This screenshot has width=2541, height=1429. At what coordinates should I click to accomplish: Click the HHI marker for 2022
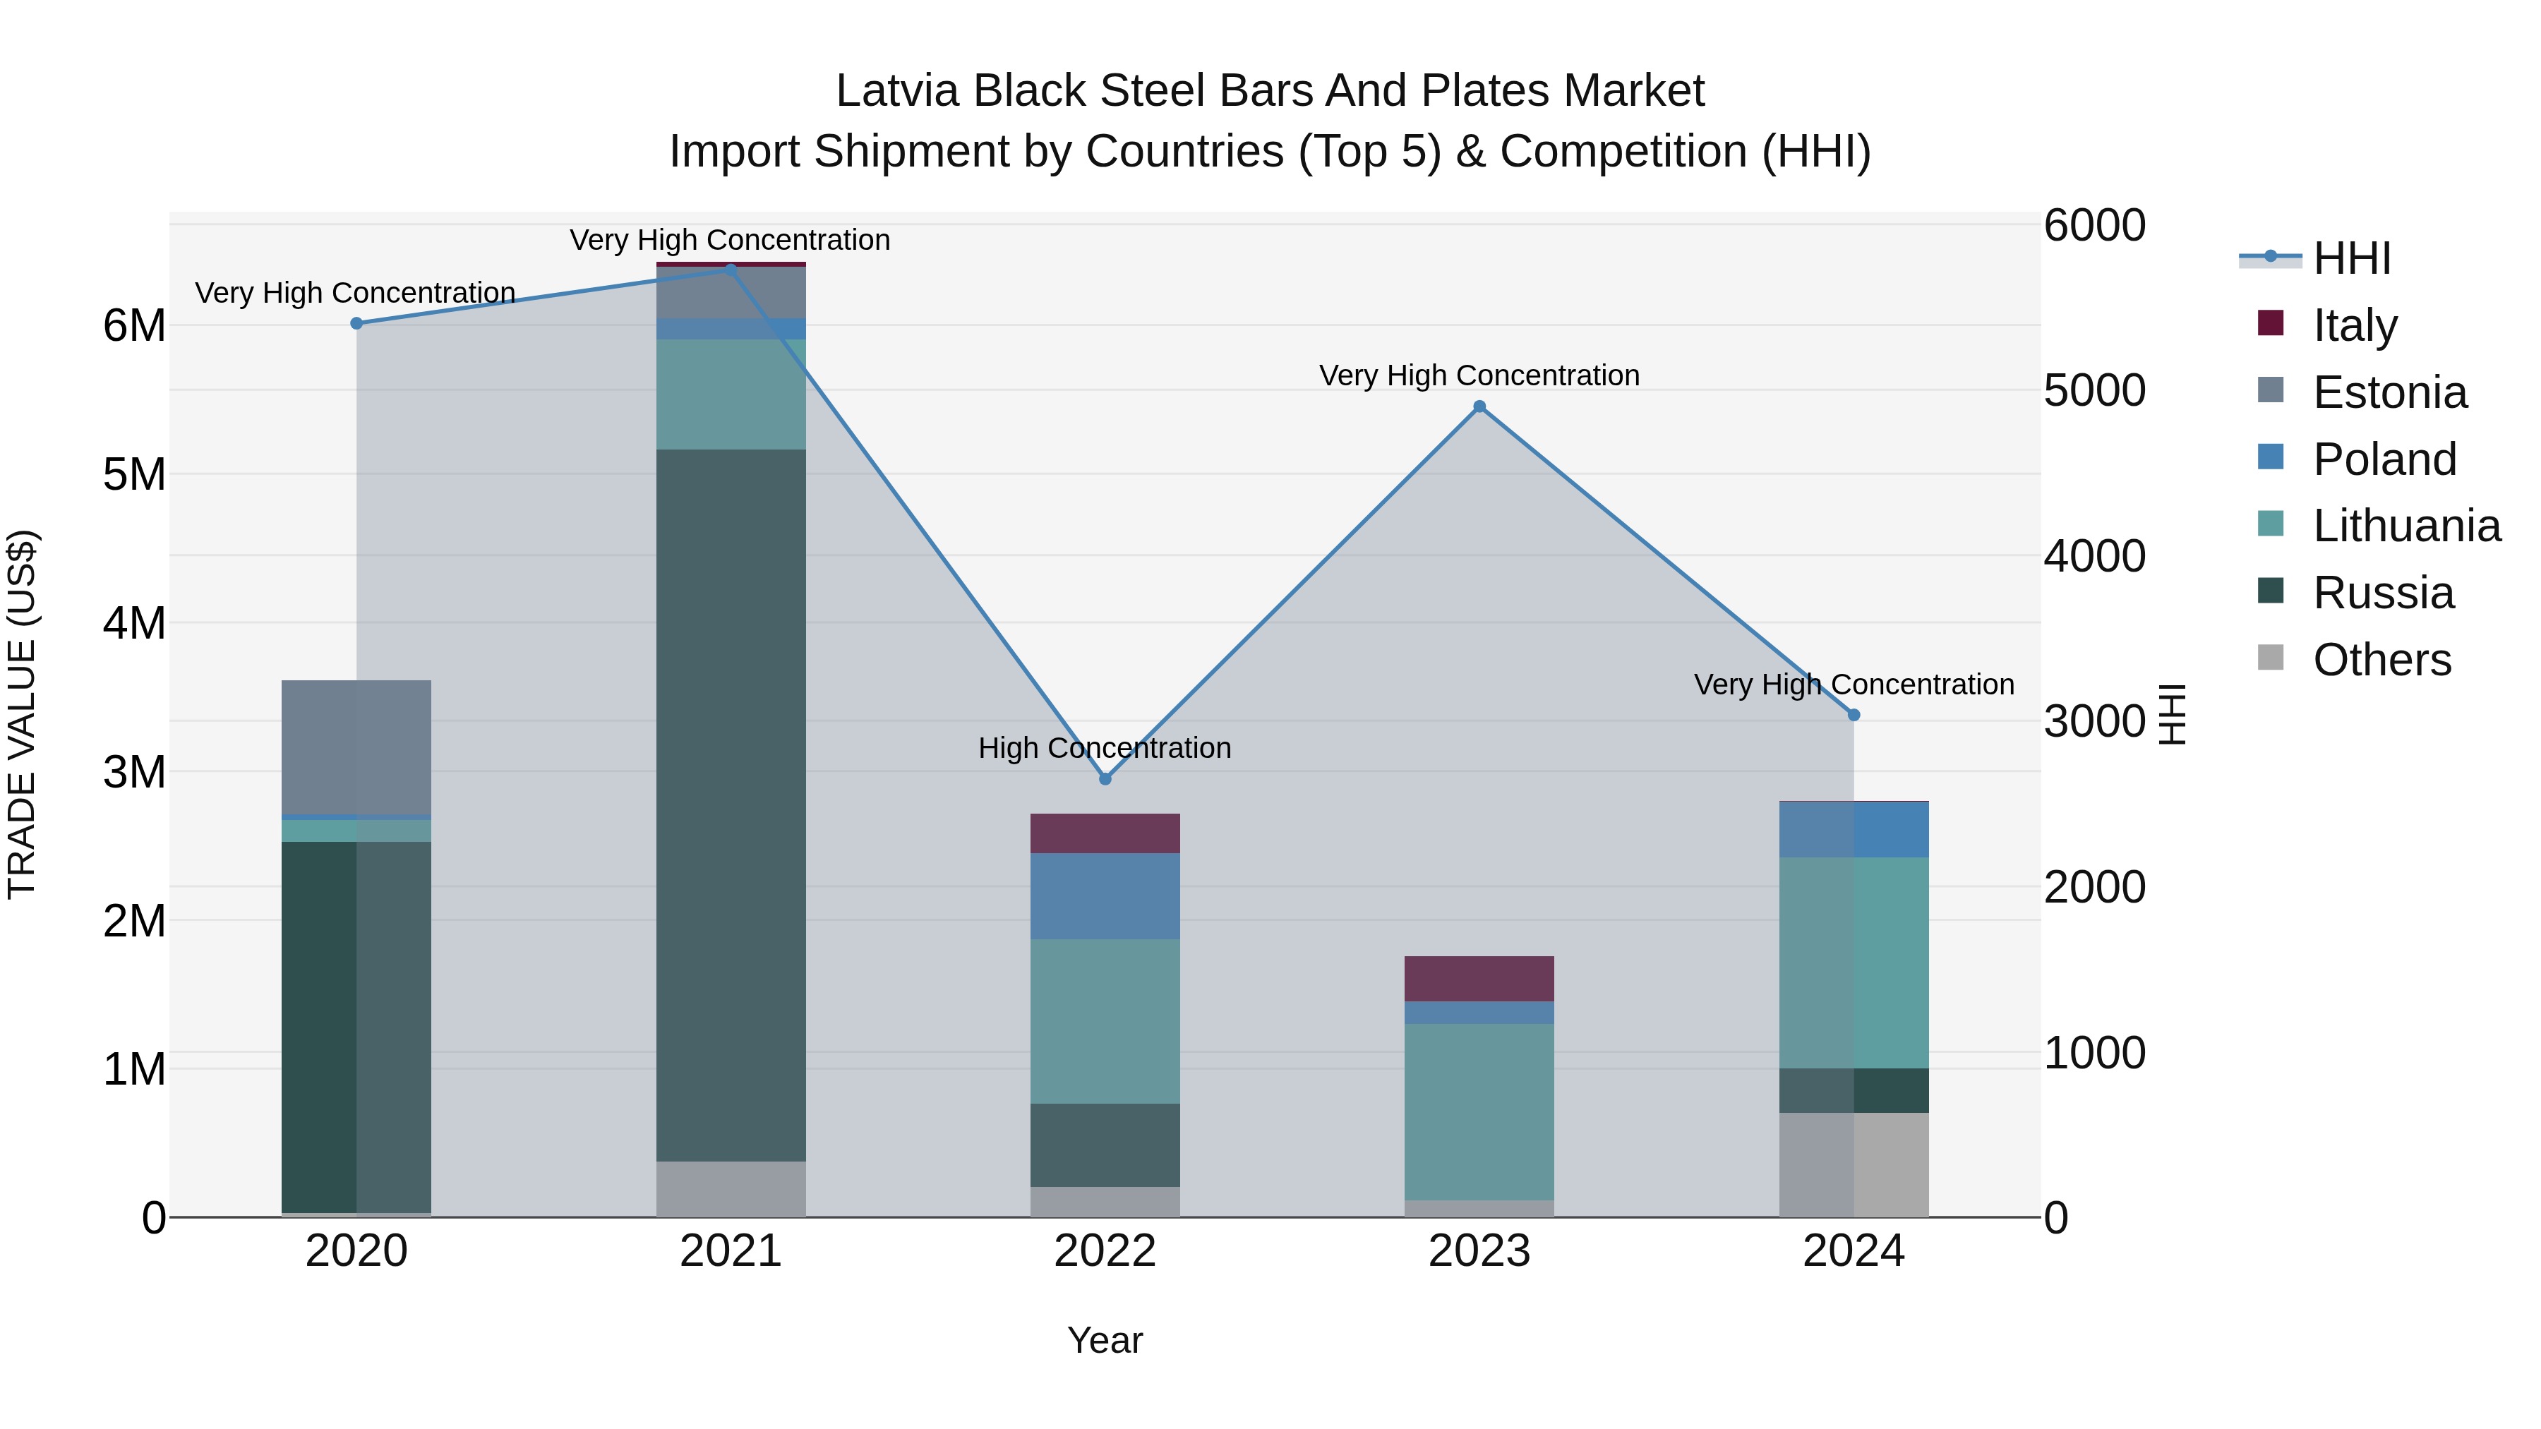point(1105,779)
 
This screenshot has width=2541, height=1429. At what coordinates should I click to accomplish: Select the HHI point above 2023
point(1479,406)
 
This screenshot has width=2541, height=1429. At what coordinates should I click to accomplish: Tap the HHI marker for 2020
point(357,323)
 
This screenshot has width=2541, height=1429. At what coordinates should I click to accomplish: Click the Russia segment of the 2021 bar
point(731,804)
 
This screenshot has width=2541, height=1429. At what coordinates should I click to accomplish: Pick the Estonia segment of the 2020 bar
point(356,747)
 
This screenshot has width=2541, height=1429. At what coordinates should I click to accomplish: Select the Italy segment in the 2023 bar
point(1479,978)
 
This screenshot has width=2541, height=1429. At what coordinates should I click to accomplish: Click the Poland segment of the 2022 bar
point(1105,896)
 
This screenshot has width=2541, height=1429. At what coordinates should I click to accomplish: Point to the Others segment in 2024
point(1854,1164)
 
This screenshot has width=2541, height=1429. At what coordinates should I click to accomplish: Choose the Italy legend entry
point(2355,325)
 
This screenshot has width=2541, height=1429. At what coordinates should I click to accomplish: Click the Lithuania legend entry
point(2406,526)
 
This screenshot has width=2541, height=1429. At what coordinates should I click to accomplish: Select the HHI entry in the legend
point(2352,258)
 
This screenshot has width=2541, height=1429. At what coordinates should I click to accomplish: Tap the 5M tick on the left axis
point(134,474)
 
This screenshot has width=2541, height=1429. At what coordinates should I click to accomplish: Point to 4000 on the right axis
point(2094,556)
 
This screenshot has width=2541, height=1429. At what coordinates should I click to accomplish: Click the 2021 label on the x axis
point(731,1251)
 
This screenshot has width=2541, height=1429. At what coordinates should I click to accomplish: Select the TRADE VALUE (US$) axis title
point(22,714)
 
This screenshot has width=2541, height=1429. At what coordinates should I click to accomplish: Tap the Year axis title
point(1105,1340)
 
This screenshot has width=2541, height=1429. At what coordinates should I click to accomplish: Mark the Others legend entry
point(2381,660)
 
